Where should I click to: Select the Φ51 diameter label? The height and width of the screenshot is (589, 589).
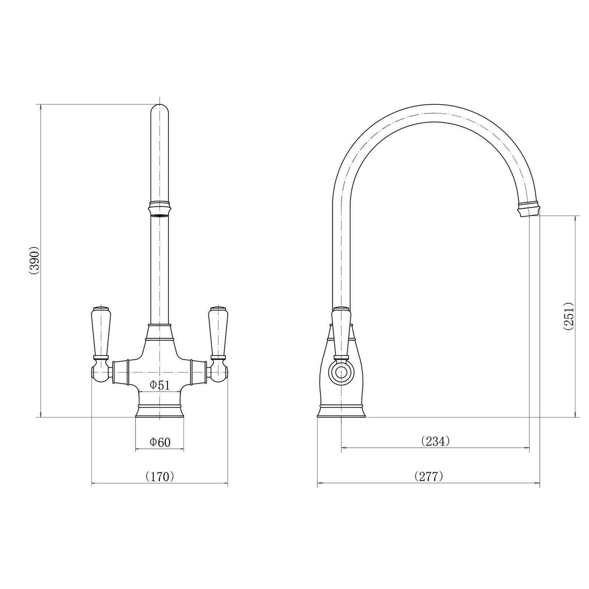(159, 385)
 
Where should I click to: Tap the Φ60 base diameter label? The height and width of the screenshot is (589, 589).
(160, 442)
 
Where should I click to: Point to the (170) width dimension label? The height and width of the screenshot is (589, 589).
(159, 476)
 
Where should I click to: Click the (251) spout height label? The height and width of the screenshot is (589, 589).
(568, 317)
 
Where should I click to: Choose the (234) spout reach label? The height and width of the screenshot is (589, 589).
(435, 441)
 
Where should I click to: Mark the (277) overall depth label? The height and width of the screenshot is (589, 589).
(428, 476)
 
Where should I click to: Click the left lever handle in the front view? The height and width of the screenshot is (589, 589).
(100, 332)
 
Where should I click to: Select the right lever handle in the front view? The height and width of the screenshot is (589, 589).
(218, 332)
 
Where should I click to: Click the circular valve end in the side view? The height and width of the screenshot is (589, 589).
(341, 373)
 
